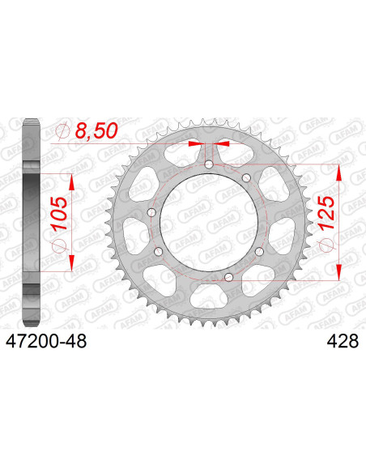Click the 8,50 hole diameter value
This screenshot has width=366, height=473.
(x=96, y=131)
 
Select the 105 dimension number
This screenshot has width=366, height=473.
(x=59, y=213)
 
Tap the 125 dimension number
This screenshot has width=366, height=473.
(x=326, y=212)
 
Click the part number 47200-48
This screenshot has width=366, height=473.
(x=46, y=342)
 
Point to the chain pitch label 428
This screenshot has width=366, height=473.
(x=343, y=342)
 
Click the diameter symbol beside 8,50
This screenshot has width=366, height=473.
(x=63, y=131)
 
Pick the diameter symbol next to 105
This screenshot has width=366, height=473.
(x=59, y=247)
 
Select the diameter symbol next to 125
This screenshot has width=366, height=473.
(x=327, y=245)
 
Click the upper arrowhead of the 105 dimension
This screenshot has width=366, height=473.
(x=71, y=182)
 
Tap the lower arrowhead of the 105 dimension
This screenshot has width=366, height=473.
(x=71, y=263)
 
